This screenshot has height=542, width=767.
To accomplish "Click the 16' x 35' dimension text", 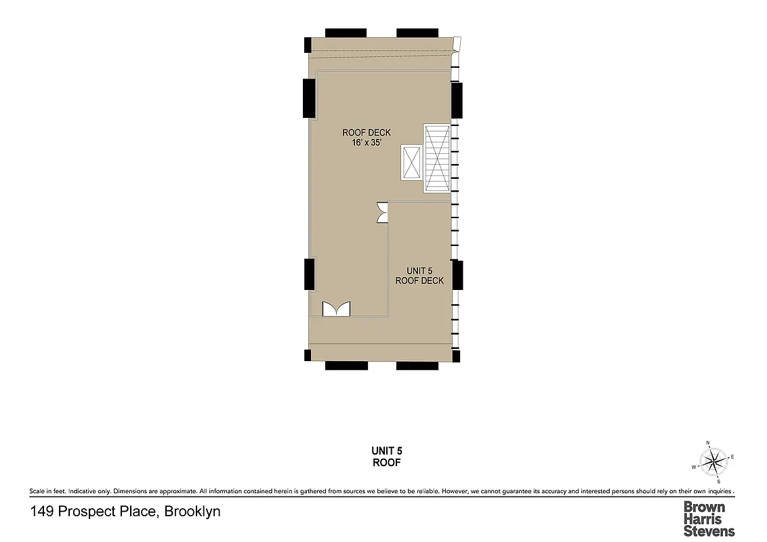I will pos(367,144).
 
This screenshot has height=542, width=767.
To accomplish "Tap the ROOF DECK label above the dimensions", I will pos(367,133).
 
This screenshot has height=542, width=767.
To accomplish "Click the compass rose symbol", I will pos(713,463).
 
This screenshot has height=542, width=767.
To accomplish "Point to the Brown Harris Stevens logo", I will pos(709,519).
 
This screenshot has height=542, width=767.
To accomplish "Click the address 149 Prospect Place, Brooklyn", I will pos(125,512).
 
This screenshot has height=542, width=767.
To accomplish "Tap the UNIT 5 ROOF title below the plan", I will pos(388,457).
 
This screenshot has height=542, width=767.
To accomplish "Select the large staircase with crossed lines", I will pos(436,159).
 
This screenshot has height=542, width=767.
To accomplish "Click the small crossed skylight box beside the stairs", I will pos(411,163).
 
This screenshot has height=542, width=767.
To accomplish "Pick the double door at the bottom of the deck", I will pos(337,309).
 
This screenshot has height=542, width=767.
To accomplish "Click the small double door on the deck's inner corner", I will pos(383,212).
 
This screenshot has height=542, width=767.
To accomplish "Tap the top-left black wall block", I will pos(346,33).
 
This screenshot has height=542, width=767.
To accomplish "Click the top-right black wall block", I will pos(417,33).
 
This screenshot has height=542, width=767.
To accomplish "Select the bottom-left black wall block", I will pos(346,366).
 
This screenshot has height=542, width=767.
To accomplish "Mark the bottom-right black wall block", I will pos(417,366).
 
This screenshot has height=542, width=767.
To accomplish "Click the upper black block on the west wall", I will pos(308,98).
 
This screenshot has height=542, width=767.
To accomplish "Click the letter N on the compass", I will pos(708,443).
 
